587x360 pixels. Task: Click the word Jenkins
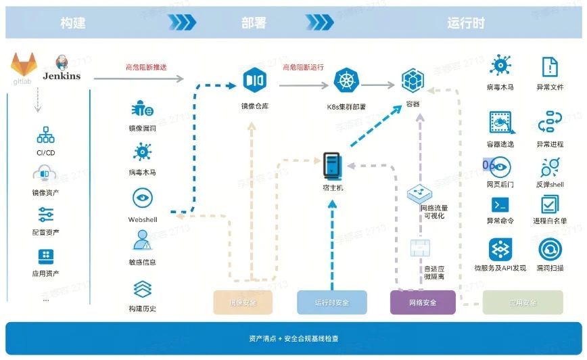click(x=62, y=76)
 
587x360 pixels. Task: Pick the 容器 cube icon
click(x=413, y=81)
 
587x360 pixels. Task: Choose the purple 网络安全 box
click(x=423, y=302)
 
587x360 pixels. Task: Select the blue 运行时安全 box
click(x=331, y=302)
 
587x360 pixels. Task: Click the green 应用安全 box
click(x=522, y=302)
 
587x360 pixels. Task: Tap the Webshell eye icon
click(x=142, y=199)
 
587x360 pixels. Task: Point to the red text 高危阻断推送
click(x=146, y=67)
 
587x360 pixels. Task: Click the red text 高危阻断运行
click(x=303, y=67)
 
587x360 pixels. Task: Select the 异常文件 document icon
click(x=550, y=67)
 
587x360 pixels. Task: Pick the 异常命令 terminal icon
click(x=500, y=204)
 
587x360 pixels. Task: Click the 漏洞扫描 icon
click(x=550, y=250)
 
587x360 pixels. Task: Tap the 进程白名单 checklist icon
click(x=550, y=204)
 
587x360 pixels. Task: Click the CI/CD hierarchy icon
click(x=46, y=135)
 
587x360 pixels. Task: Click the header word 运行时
click(x=466, y=22)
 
